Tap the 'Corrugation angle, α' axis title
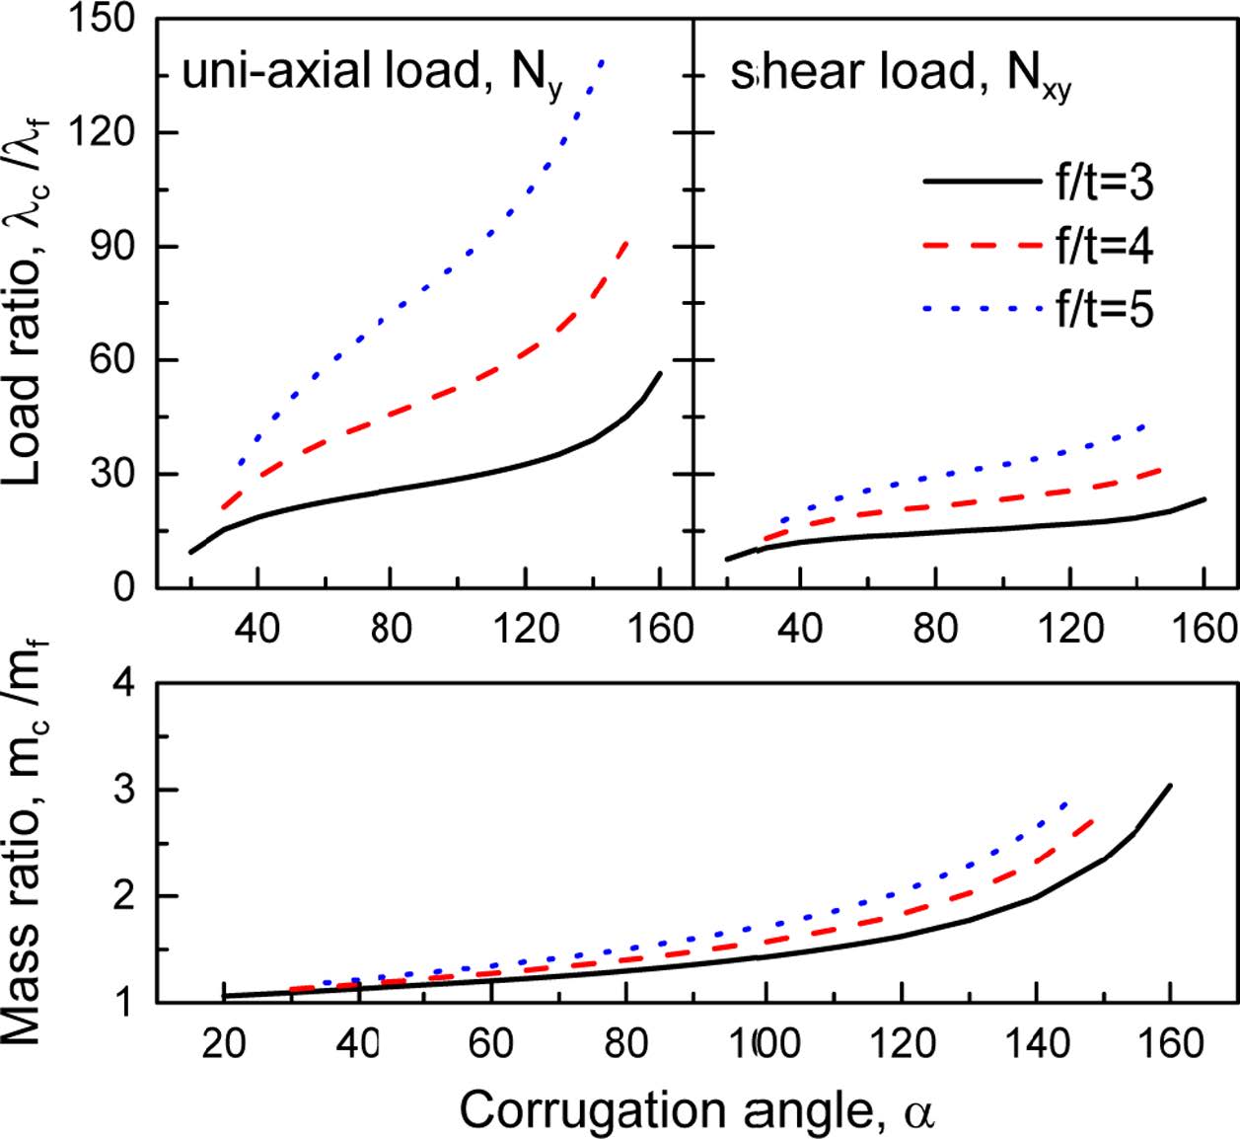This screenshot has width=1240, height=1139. point(695,1111)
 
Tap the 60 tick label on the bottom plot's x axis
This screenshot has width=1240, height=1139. point(490,1043)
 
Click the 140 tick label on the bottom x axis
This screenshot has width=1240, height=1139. point(1035,1043)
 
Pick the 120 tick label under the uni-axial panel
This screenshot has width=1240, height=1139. point(524,628)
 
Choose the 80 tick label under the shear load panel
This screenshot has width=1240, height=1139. point(933,628)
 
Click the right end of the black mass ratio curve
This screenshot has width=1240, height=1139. point(1170,786)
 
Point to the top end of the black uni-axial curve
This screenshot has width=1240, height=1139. point(660,373)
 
